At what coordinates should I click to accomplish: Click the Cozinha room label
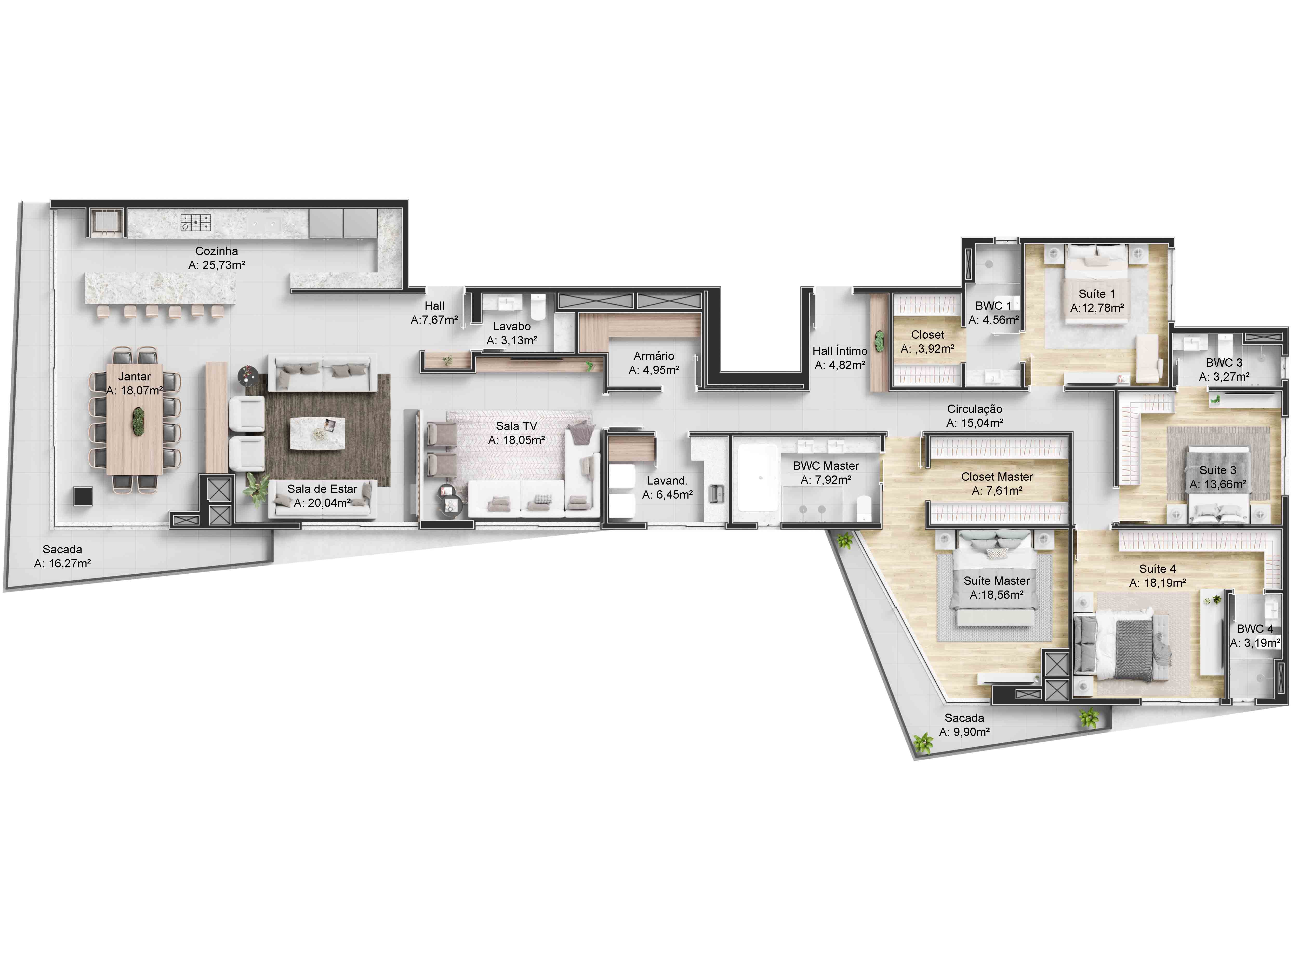point(216,251)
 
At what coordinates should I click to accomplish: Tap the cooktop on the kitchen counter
point(196,222)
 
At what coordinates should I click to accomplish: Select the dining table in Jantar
point(135,418)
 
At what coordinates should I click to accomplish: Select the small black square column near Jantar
point(83,496)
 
